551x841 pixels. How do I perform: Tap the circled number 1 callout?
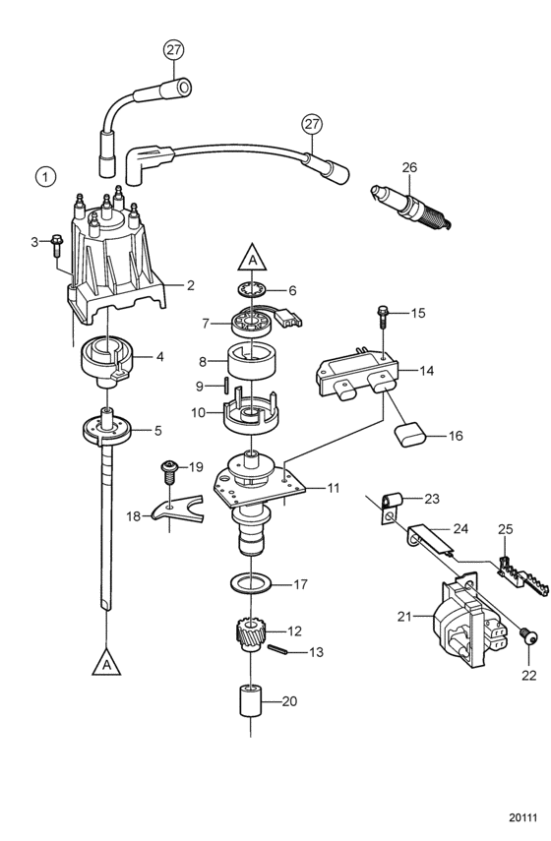click(x=45, y=176)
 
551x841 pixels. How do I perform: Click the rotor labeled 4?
click(x=107, y=360)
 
